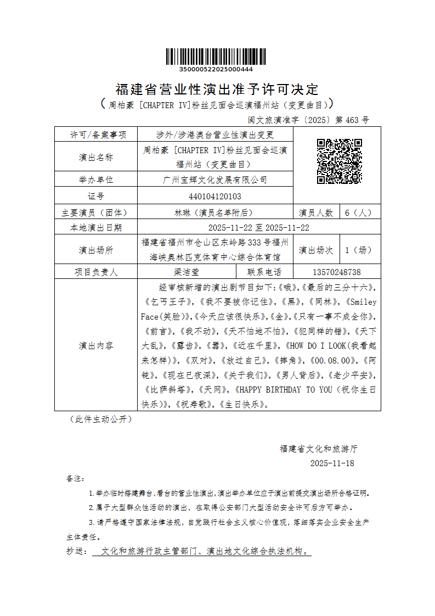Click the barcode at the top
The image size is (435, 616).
(216, 57)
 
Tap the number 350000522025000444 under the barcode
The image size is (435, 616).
(216, 70)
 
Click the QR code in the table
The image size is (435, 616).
(339, 161)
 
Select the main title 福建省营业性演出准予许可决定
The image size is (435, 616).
(217, 89)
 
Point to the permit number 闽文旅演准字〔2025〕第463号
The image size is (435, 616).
(309, 120)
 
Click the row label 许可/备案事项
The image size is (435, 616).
(96, 135)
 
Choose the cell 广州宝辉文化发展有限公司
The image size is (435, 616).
(215, 180)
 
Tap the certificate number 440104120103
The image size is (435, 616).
(215, 196)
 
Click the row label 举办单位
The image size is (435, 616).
(96, 180)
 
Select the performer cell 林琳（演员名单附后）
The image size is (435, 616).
(215, 212)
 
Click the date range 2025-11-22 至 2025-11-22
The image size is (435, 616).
(259, 227)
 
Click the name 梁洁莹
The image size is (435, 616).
(187, 272)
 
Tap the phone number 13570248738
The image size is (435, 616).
(337, 272)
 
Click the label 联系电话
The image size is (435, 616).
(264, 272)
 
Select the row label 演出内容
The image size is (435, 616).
(96, 345)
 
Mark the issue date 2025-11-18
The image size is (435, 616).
(332, 463)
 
